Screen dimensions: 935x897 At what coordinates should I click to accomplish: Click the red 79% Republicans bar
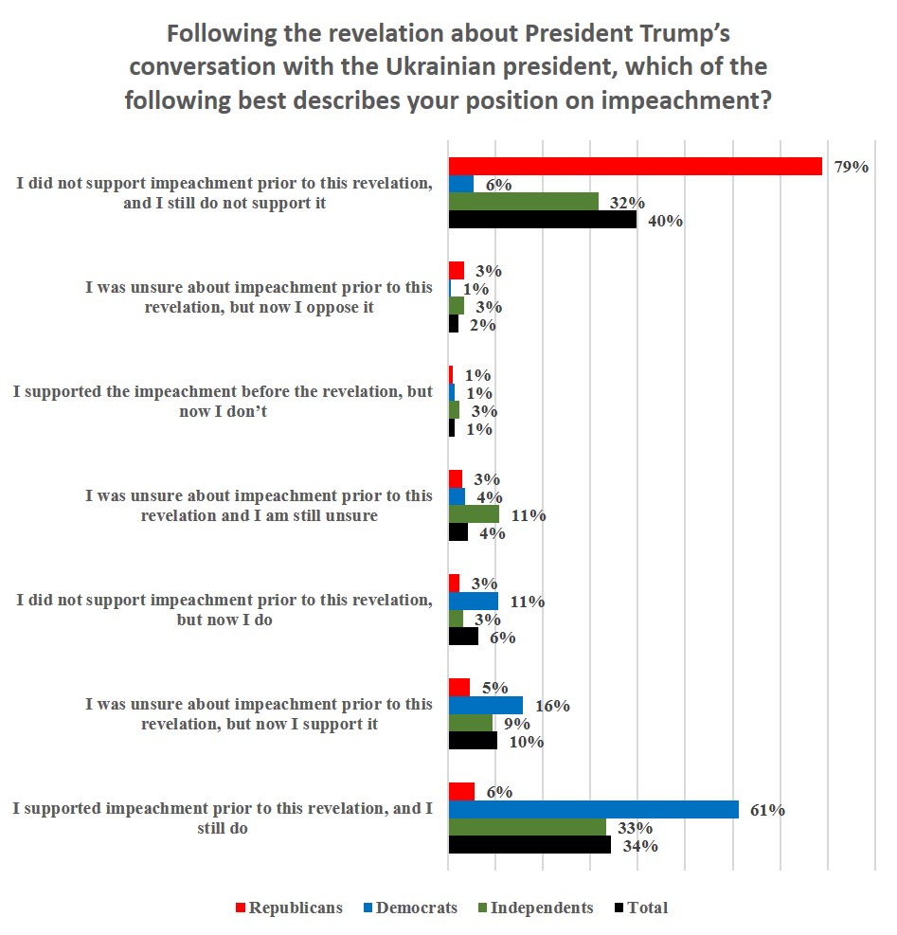pos(635,166)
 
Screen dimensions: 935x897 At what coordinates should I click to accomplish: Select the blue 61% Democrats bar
pos(593,809)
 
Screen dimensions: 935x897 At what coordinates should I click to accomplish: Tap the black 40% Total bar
pos(542,220)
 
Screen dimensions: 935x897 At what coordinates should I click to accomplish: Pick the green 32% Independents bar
pos(523,202)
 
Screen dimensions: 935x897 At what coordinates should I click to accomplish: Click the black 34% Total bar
pos(529,845)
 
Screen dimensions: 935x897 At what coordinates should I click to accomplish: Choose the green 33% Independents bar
pos(527,827)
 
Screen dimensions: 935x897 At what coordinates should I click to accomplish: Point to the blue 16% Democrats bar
pos(485,705)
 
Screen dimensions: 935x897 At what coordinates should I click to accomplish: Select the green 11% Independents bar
pos(474,514)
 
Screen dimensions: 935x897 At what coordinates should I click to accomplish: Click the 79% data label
pos(850,167)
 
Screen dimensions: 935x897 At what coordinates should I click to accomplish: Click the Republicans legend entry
pos(288,908)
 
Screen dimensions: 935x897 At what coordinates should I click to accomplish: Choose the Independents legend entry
pos(535,908)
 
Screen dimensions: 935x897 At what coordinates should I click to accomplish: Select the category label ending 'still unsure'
pos(259,506)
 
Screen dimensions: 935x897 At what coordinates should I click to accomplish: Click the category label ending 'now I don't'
pos(223,402)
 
